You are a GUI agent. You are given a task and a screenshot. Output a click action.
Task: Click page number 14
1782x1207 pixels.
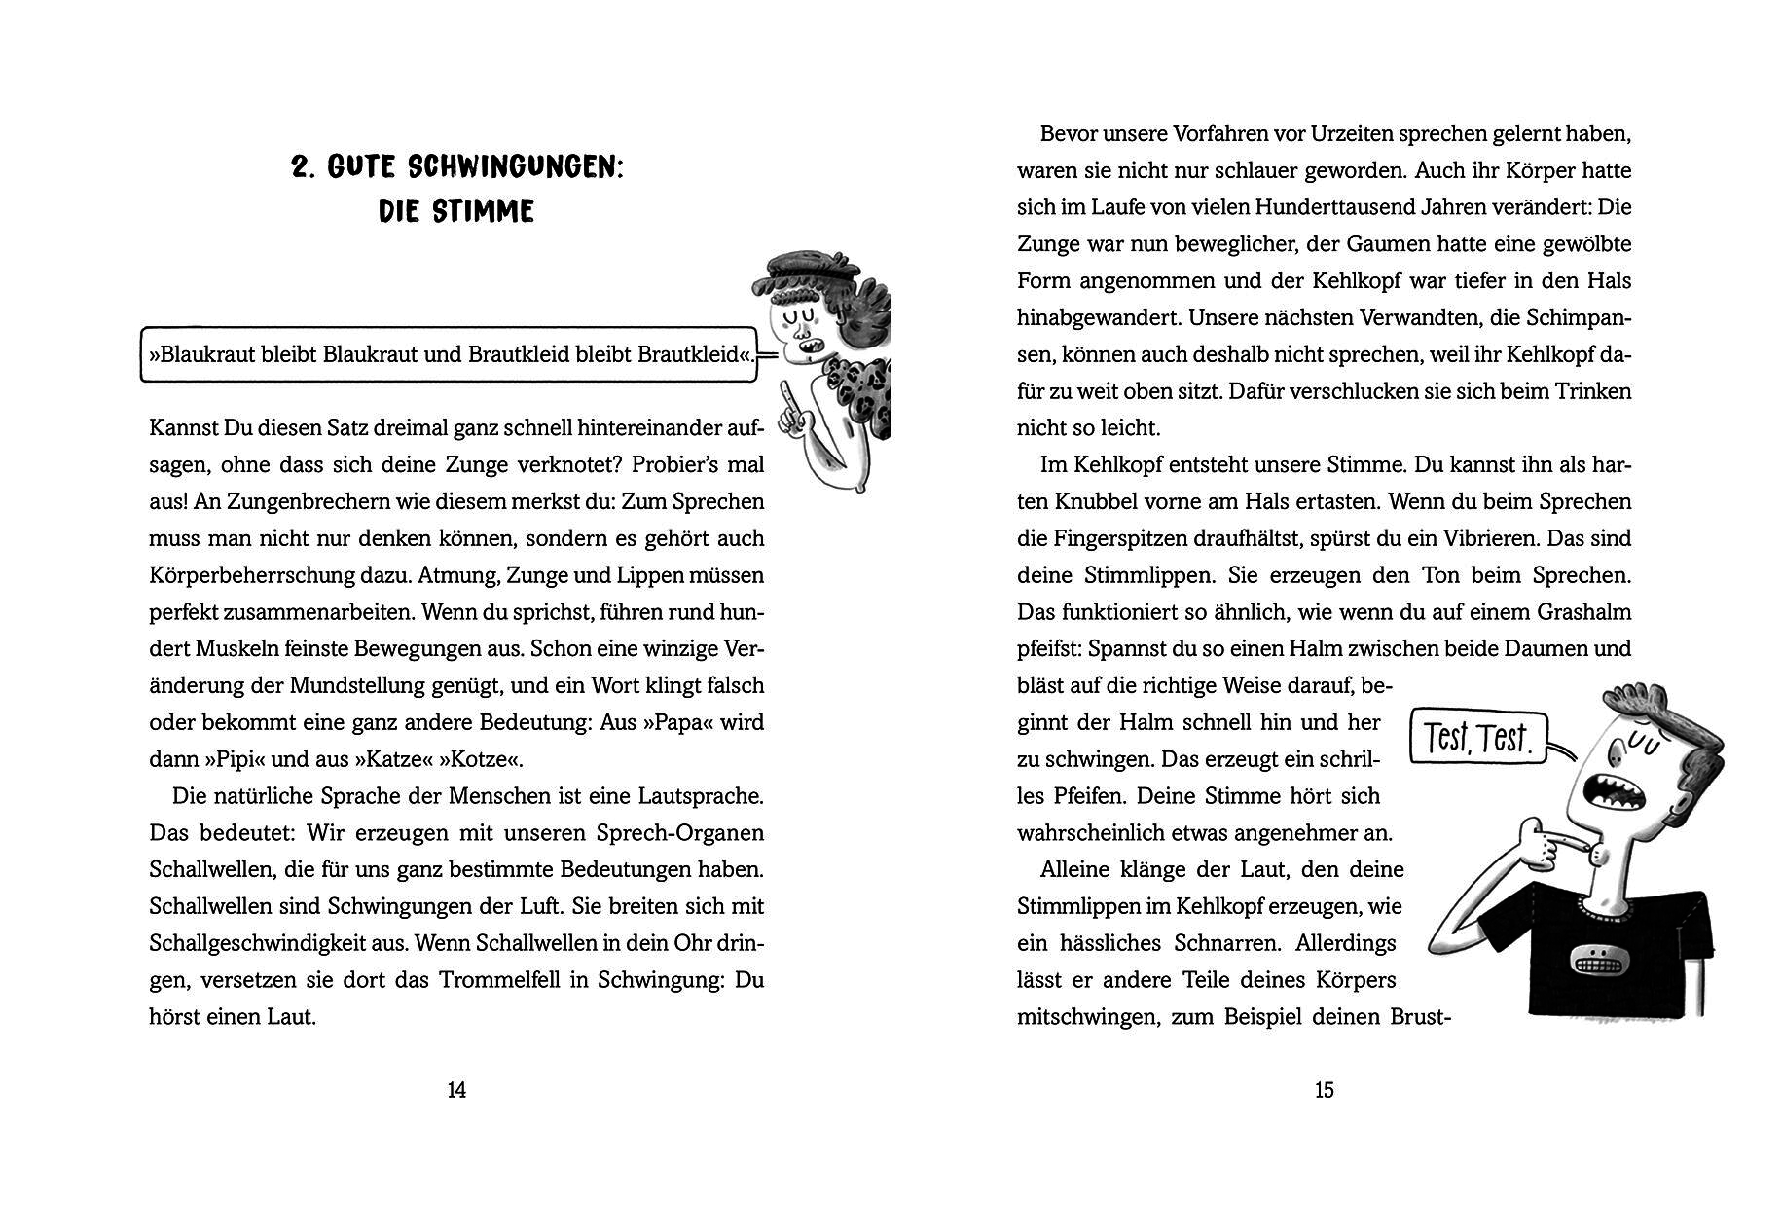click(456, 1091)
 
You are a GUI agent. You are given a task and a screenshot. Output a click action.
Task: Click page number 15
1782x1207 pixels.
click(1324, 1091)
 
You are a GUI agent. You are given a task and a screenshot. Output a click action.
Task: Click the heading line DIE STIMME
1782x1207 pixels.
click(456, 211)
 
